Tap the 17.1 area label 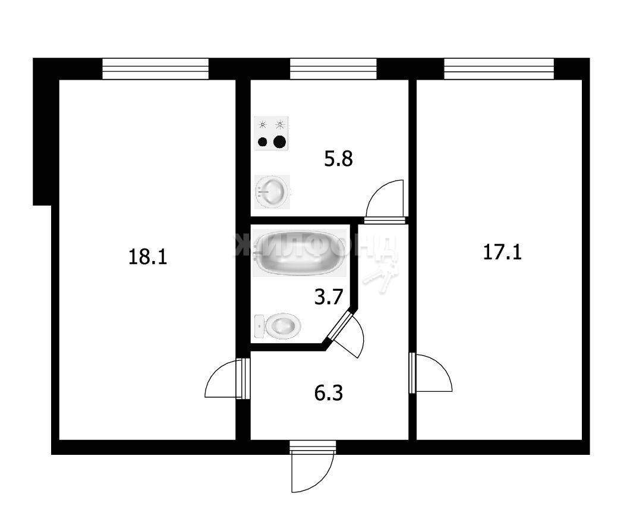(502, 253)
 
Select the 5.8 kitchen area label (338, 159)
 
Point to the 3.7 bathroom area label (328, 297)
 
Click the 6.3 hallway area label (328, 393)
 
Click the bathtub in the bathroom (299, 253)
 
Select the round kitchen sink (272, 192)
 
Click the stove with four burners (271, 133)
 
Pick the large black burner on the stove (279, 142)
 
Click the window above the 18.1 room (156, 69)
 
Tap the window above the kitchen (333, 69)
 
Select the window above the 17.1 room (499, 69)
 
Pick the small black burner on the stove (262, 142)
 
